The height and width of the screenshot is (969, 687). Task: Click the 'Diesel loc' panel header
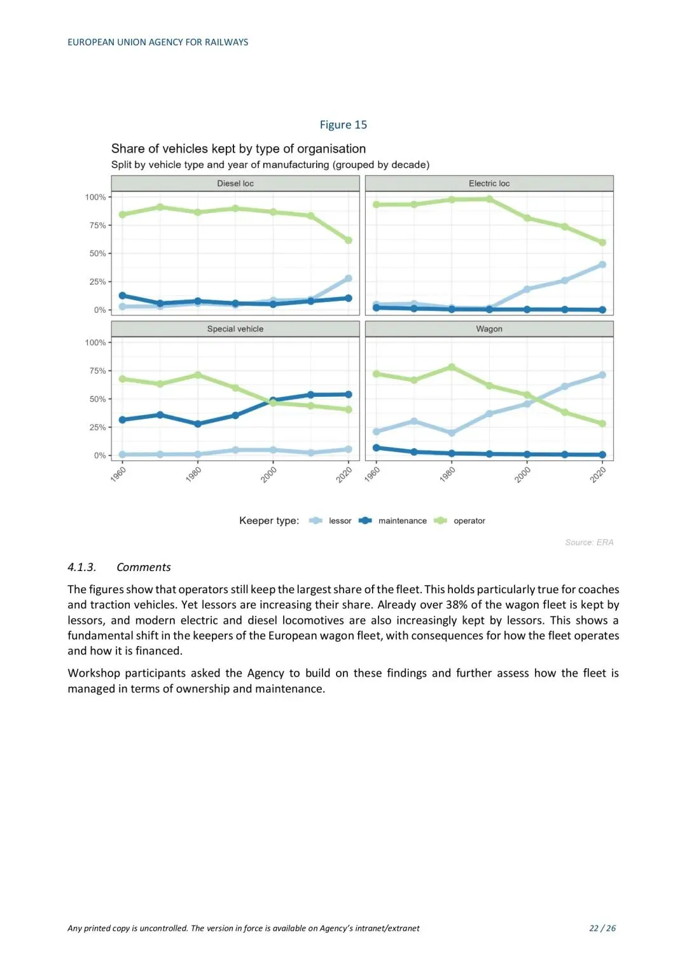(x=235, y=184)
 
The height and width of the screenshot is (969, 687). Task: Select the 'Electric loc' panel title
(x=489, y=184)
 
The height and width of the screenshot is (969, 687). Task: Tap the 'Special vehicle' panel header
(x=235, y=329)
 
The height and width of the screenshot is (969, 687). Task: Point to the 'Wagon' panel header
(x=489, y=329)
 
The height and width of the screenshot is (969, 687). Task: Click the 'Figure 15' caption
(x=343, y=125)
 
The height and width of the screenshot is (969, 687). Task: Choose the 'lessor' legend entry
(x=340, y=521)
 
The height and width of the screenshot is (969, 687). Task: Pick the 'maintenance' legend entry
(x=402, y=521)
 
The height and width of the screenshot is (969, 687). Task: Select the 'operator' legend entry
(x=469, y=521)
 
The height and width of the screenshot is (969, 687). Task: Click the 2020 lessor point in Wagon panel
(x=602, y=375)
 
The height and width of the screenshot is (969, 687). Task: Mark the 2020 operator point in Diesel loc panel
(x=349, y=240)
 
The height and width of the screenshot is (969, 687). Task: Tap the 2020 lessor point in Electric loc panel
(x=602, y=265)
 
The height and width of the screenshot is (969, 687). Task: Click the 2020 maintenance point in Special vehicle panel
(x=349, y=394)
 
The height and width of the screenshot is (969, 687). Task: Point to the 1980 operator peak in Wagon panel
(x=452, y=367)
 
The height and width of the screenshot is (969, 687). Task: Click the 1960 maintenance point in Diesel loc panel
(x=123, y=296)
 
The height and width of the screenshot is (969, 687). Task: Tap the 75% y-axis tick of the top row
(x=97, y=226)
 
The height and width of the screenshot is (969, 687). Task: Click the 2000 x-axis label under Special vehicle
(x=269, y=474)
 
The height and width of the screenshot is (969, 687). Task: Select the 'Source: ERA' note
(x=589, y=542)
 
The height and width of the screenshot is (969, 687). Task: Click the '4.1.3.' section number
(x=82, y=567)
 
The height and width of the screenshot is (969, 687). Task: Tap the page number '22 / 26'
(x=602, y=928)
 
